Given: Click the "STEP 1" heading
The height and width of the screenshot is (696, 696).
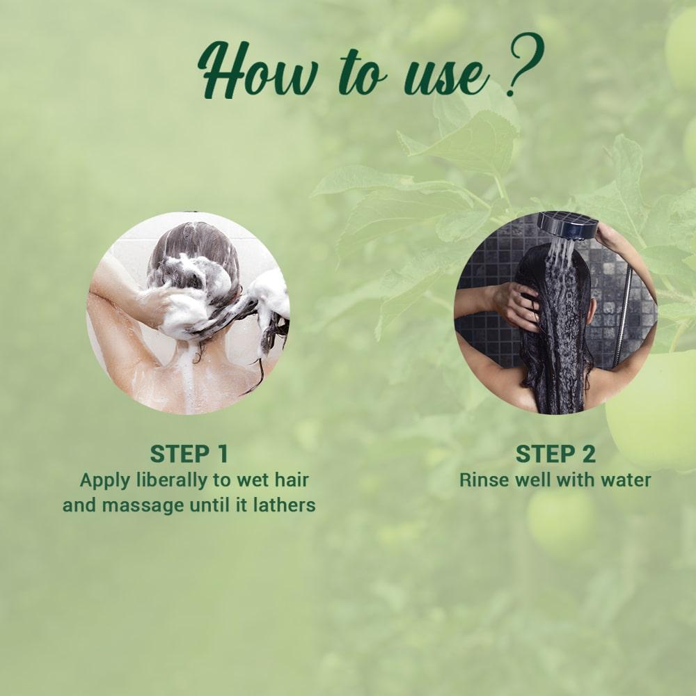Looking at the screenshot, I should coord(189,454).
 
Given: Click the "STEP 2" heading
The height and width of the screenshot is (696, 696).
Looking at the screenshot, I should coord(555,454).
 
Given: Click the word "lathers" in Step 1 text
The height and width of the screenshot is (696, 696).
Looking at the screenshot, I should coord(285,505).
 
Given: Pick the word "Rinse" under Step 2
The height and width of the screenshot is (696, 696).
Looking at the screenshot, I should coord(481,480).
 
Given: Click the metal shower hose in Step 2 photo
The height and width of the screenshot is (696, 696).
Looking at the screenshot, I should coord(622,320).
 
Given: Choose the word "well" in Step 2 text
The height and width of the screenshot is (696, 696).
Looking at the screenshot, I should coord(543,480).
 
